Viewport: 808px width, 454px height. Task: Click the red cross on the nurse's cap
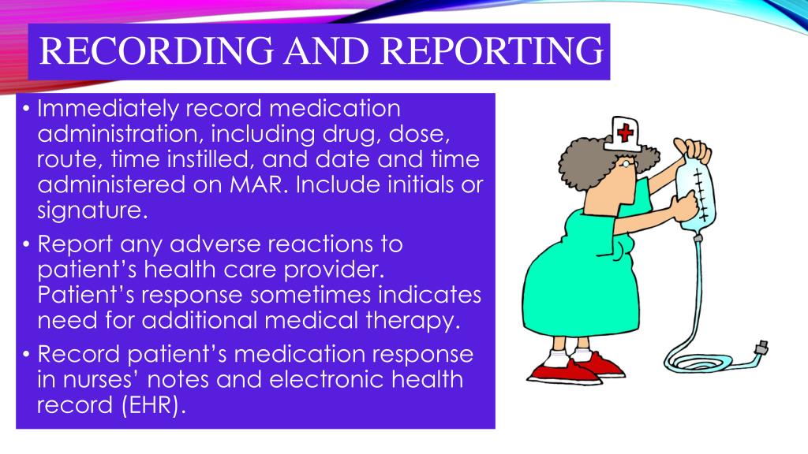(x=625, y=130)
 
